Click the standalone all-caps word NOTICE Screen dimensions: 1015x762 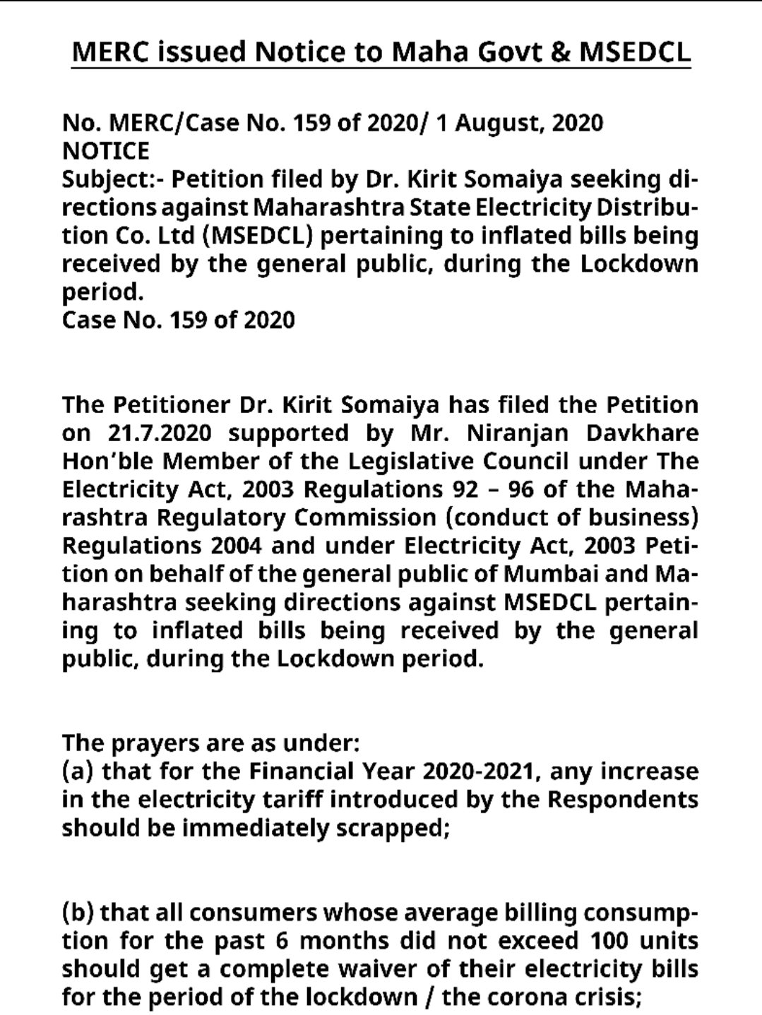tap(106, 151)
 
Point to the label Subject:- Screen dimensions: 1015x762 tap(112, 179)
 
